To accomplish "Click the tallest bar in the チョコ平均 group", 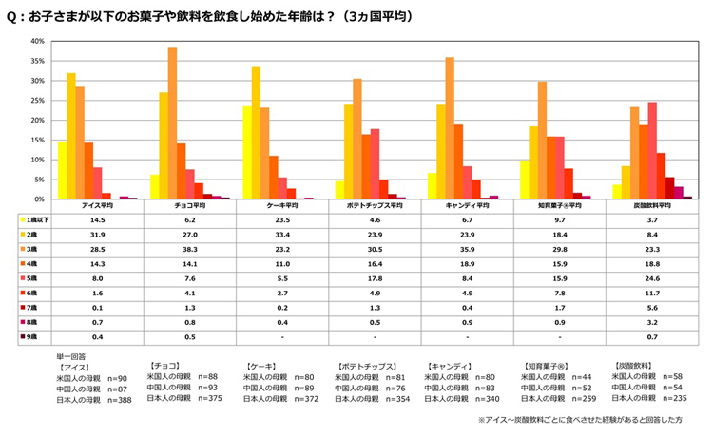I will pyautogui.click(x=173, y=123).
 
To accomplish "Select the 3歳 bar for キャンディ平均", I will pyautogui.click(x=450, y=128).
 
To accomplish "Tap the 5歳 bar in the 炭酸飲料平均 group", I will pyautogui.click(x=652, y=151).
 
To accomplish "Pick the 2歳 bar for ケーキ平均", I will pyautogui.click(x=256, y=133).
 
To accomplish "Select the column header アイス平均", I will pyautogui.click(x=100, y=205).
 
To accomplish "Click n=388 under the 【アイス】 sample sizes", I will pyautogui.click(x=119, y=399).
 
